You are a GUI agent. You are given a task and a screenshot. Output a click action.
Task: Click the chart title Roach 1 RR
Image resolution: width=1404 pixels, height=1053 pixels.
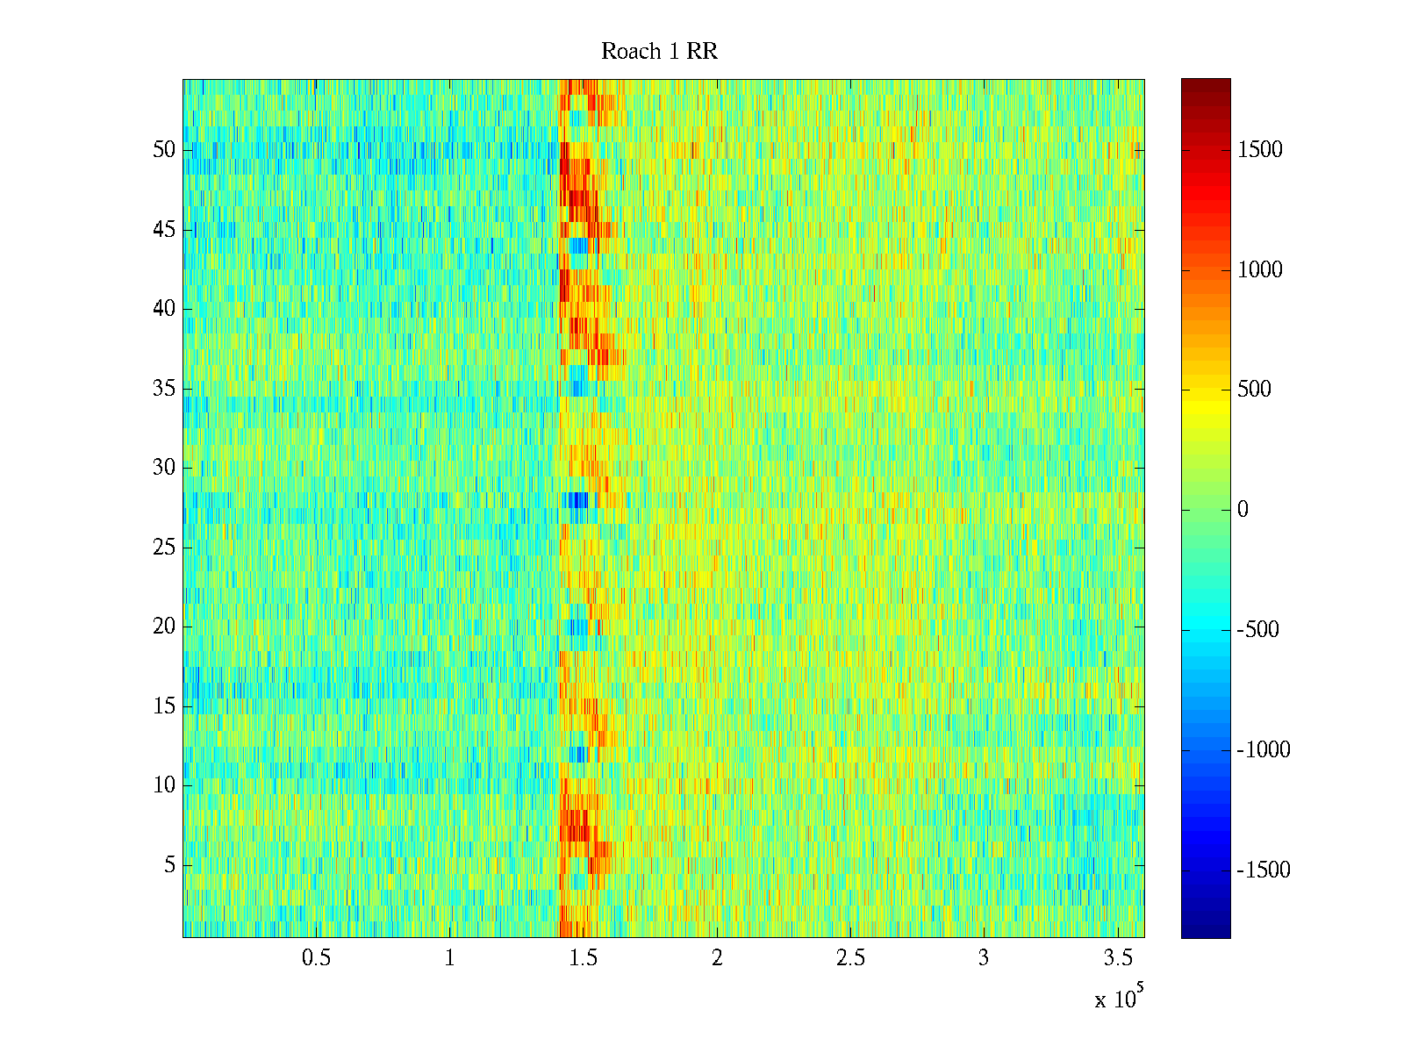(659, 52)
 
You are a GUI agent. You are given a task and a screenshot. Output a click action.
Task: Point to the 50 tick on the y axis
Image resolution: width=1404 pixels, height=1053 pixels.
(164, 150)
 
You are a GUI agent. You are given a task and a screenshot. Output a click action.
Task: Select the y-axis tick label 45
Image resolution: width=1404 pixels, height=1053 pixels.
(164, 230)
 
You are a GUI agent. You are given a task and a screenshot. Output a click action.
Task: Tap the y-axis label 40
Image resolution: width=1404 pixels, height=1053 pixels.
(164, 309)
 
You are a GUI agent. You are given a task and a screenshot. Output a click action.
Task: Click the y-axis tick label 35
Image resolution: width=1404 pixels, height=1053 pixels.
(164, 389)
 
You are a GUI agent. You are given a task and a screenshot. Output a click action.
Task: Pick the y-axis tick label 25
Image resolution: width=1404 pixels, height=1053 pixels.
(164, 548)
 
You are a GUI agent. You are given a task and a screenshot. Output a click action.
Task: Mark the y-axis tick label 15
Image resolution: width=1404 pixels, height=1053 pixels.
(164, 706)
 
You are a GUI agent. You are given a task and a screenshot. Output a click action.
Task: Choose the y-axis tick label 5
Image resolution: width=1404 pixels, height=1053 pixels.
(169, 865)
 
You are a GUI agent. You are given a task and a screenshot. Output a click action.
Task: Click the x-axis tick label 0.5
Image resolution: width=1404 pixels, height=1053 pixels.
(316, 958)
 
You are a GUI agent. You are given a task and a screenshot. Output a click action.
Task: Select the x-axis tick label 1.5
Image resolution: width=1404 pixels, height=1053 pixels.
(584, 958)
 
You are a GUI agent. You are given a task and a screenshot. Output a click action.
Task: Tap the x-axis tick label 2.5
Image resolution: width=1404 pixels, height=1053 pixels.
(850, 958)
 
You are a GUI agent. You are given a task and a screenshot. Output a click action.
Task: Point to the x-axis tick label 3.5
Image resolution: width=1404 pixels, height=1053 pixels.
(1117, 958)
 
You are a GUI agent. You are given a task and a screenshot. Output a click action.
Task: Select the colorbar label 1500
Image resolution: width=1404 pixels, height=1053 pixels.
(1260, 150)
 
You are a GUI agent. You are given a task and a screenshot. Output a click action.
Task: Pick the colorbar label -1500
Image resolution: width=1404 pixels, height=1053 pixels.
(1264, 870)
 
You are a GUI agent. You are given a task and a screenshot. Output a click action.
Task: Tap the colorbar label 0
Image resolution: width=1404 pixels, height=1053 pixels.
(1243, 510)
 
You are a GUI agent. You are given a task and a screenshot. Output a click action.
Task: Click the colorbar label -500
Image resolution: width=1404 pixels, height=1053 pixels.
(1258, 630)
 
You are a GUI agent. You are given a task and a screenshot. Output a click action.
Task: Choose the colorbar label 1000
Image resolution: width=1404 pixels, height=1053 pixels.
(1260, 270)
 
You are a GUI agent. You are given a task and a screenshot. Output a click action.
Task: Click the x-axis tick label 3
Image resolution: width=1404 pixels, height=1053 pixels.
(984, 958)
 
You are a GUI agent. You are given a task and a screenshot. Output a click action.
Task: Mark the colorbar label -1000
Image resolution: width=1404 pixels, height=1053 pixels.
(1264, 750)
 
